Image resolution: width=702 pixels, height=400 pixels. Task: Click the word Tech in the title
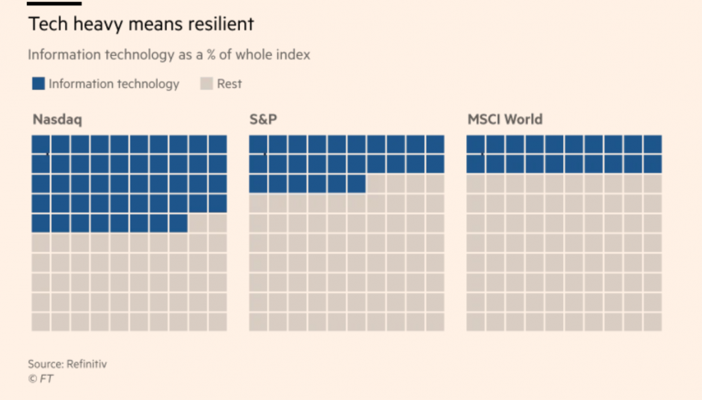[x=44, y=24]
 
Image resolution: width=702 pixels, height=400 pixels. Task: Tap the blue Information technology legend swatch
[x=39, y=84]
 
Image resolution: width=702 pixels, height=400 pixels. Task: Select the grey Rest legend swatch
[x=206, y=84]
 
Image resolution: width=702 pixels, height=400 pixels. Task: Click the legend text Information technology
[x=114, y=84]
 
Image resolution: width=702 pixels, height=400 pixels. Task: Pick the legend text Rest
[x=229, y=84]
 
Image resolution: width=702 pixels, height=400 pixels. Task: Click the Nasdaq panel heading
[x=57, y=120]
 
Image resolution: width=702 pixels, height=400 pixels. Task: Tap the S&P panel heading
[x=263, y=120]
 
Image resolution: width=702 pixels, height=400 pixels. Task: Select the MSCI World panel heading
[x=505, y=120]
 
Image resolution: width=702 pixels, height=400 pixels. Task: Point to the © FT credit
[x=41, y=379]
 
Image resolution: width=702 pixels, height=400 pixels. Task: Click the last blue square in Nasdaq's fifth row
[x=178, y=223]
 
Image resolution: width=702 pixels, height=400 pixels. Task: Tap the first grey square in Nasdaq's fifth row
[x=198, y=223]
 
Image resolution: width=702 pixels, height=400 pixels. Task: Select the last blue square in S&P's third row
[x=357, y=183]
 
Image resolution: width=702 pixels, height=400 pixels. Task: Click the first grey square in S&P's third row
[x=376, y=183]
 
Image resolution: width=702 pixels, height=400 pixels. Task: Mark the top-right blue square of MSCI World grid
[x=652, y=144]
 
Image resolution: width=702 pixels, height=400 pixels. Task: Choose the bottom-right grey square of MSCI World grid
[x=652, y=321]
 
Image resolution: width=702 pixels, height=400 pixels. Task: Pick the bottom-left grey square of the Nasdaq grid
[x=41, y=321]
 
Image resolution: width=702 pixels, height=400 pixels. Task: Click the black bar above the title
[x=54, y=3]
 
